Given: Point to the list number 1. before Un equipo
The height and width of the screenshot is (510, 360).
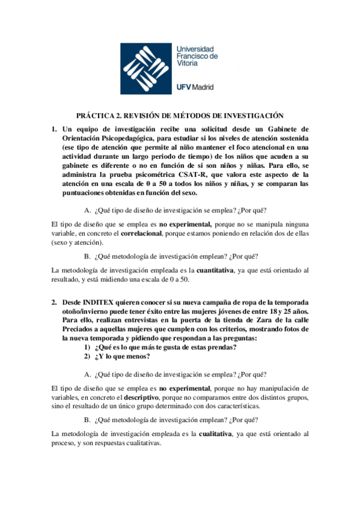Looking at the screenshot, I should click(53, 129).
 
